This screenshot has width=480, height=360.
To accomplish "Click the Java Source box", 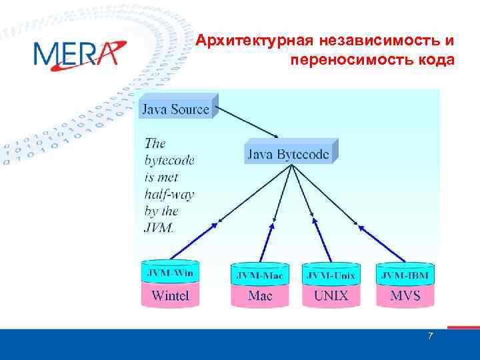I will (x=175, y=109).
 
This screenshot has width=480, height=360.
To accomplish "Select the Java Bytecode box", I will (x=289, y=154).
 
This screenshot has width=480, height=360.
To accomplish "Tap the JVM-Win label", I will (x=170, y=273).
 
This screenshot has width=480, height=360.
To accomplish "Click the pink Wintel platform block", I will (x=170, y=295).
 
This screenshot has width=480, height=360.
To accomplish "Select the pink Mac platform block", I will (x=260, y=295).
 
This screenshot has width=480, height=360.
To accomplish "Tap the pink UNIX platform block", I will (x=331, y=295).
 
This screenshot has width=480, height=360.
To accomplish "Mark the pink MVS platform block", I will (x=404, y=295).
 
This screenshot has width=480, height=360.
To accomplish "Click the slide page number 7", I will (x=430, y=337).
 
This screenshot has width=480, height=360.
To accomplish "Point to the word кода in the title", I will (x=435, y=61).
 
